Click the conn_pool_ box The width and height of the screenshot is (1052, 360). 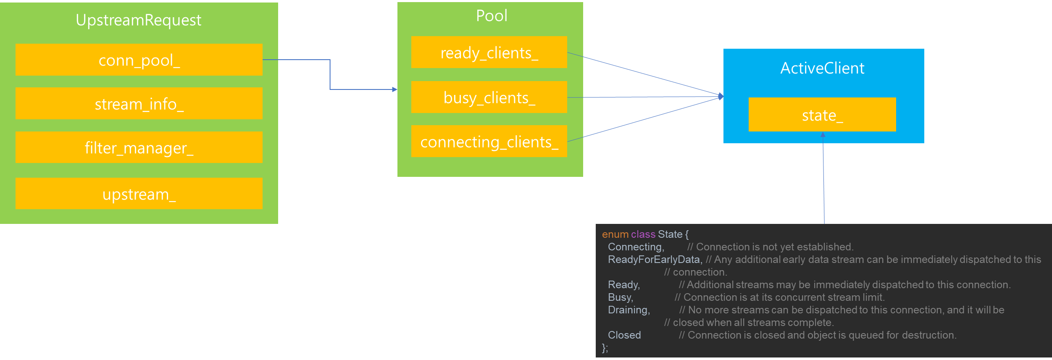click(x=139, y=60)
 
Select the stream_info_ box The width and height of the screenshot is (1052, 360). click(x=139, y=103)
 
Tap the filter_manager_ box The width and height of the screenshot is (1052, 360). click(x=139, y=147)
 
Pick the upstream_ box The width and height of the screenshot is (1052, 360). click(x=139, y=194)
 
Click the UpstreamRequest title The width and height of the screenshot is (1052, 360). click(x=139, y=20)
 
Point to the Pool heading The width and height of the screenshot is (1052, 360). click(x=492, y=16)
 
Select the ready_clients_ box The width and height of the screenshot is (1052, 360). click(x=489, y=52)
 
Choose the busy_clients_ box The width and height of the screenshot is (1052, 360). click(x=489, y=97)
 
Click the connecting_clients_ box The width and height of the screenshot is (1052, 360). click(x=489, y=141)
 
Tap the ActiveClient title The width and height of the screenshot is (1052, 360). click(x=822, y=68)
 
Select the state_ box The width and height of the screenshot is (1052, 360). click(x=822, y=115)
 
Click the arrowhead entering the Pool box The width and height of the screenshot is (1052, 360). click(x=394, y=89)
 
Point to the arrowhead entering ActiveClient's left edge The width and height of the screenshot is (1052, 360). click(x=721, y=97)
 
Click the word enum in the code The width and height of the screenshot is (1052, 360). click(x=615, y=234)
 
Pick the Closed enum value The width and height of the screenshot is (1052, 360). click(x=624, y=335)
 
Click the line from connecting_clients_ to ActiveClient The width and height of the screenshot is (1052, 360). click(x=644, y=119)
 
